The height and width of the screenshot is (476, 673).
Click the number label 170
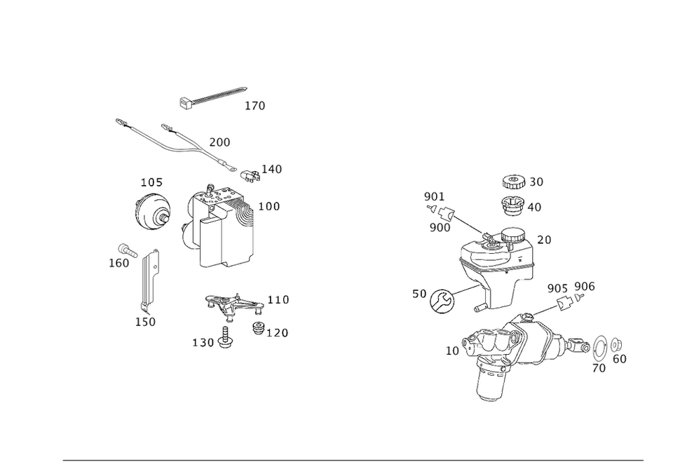[x=256, y=106]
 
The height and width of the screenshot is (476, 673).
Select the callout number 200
[x=220, y=142]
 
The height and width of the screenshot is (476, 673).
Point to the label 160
[x=119, y=262]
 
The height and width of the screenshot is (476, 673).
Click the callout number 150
[x=145, y=321]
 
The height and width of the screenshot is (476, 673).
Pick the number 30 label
[x=535, y=182]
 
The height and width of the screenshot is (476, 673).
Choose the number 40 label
[x=534, y=208]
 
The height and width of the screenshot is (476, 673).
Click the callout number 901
[x=433, y=196]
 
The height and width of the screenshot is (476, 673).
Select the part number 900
[x=440, y=228]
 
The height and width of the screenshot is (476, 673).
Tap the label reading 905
[x=557, y=288]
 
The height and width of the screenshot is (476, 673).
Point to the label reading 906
[x=585, y=287]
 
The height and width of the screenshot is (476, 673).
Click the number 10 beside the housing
[x=452, y=351]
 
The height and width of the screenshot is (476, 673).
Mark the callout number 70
[x=599, y=368]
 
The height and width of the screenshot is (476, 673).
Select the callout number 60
[x=619, y=359]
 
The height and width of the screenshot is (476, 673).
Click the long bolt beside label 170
[x=214, y=95]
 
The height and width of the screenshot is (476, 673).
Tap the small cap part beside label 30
[x=512, y=181]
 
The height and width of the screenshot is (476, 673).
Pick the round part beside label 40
[x=513, y=205]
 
